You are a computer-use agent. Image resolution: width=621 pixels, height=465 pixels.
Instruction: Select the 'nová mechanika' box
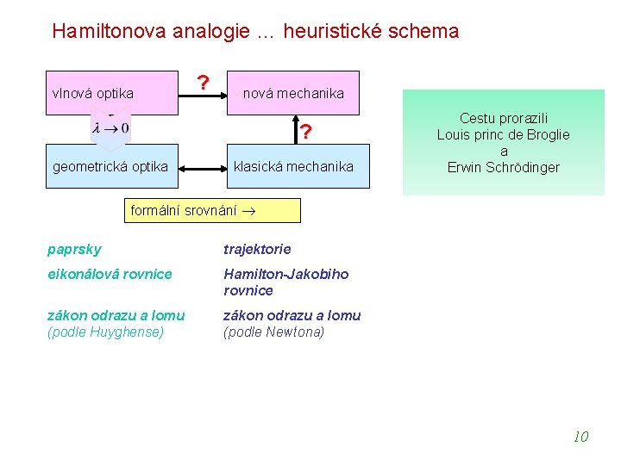(293, 93)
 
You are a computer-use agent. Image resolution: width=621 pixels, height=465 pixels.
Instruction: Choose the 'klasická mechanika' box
(293, 167)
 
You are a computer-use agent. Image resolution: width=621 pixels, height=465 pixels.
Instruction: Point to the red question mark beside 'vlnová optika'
(203, 84)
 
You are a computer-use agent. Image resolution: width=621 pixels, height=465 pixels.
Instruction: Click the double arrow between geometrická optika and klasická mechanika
(202, 167)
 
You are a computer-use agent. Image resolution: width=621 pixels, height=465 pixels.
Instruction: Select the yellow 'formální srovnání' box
(212, 211)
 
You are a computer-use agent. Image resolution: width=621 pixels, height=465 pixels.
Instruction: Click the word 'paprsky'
(74, 250)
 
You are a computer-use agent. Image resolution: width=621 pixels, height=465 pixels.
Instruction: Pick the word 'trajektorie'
(257, 250)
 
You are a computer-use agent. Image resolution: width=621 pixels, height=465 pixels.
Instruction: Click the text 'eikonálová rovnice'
(110, 274)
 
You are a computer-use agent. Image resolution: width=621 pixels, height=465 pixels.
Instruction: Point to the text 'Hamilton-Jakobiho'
(286, 274)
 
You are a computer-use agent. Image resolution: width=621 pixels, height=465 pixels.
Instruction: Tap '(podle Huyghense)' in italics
(105, 332)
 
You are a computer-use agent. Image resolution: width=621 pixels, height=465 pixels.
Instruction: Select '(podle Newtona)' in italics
(273, 332)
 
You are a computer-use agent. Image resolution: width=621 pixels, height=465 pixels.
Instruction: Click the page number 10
(580, 437)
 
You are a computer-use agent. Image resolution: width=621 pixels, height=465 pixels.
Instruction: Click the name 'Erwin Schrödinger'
(504, 168)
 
